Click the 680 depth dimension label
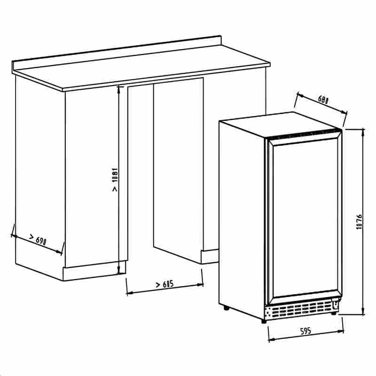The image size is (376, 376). (x=322, y=100)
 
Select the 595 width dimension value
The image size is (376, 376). (x=306, y=331)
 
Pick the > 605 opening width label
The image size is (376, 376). (x=164, y=284)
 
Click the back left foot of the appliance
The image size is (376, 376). (x=227, y=308)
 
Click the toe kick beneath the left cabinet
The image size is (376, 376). (x=92, y=274)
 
